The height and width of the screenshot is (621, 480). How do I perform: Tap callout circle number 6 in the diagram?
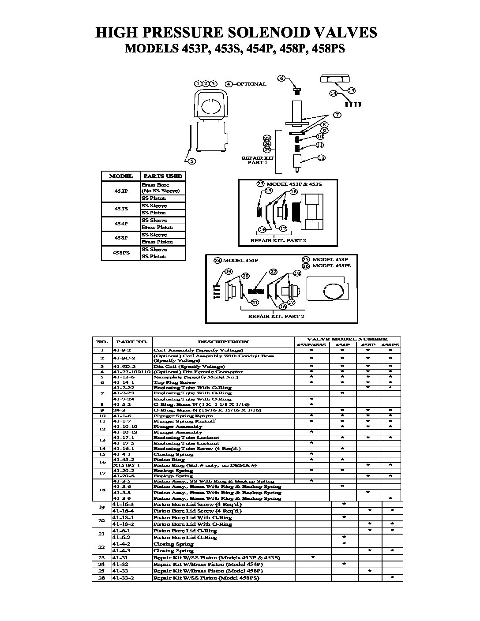pos(281,79)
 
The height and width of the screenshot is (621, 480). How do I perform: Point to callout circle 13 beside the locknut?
pos(351,91)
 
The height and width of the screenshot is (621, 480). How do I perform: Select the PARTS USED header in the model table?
pos(163,176)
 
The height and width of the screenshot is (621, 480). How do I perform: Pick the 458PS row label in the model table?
pos(121,253)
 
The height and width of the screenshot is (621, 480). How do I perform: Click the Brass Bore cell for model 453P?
pos(155,185)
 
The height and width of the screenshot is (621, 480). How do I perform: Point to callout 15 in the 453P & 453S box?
pos(268,191)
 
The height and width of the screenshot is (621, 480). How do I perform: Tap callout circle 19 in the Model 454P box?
pos(229,271)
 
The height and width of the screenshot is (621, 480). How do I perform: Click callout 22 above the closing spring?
pos(273,272)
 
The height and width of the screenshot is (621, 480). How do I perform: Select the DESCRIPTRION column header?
pos(223,342)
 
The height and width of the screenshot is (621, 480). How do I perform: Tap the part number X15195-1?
pos(127,465)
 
